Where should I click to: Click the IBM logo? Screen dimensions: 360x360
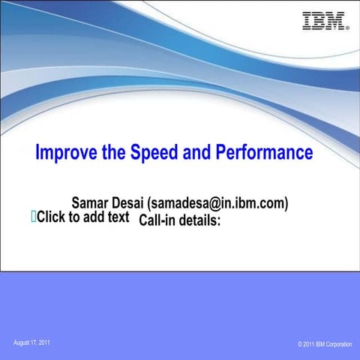coord(324,21)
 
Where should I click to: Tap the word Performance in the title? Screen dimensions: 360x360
coord(264,153)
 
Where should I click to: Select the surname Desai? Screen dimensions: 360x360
coord(129,203)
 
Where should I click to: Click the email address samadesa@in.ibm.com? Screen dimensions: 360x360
coord(219,203)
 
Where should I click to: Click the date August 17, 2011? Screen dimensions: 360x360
coord(32,343)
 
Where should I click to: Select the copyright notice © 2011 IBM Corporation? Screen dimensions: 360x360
coord(324,344)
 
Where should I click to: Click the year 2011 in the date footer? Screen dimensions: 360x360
coord(44,343)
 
